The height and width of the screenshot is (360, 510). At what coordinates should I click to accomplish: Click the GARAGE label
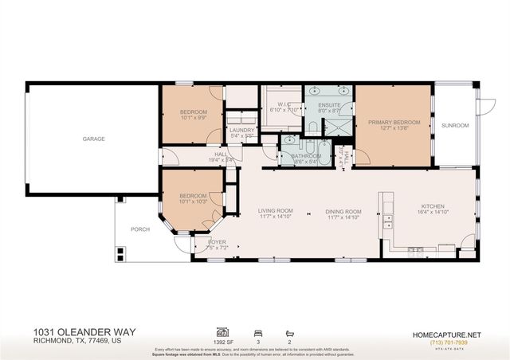(93, 139)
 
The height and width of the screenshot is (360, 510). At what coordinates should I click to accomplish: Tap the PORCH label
(139, 229)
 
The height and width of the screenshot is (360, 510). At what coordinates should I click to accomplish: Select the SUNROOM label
(456, 125)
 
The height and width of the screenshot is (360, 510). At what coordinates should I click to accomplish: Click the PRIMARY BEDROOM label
(394, 122)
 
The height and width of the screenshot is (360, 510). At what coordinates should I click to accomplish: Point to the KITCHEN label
(432, 205)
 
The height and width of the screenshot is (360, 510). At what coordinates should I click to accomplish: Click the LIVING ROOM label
(275, 210)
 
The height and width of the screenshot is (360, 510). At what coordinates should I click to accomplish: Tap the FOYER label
(218, 241)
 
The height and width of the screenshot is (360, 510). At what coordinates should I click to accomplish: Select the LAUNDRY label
(241, 130)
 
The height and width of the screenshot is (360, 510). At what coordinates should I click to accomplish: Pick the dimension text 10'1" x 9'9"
(194, 117)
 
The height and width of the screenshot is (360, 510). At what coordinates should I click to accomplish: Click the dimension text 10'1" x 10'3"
(194, 202)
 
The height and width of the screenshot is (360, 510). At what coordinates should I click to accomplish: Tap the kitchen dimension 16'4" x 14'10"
(432, 212)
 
